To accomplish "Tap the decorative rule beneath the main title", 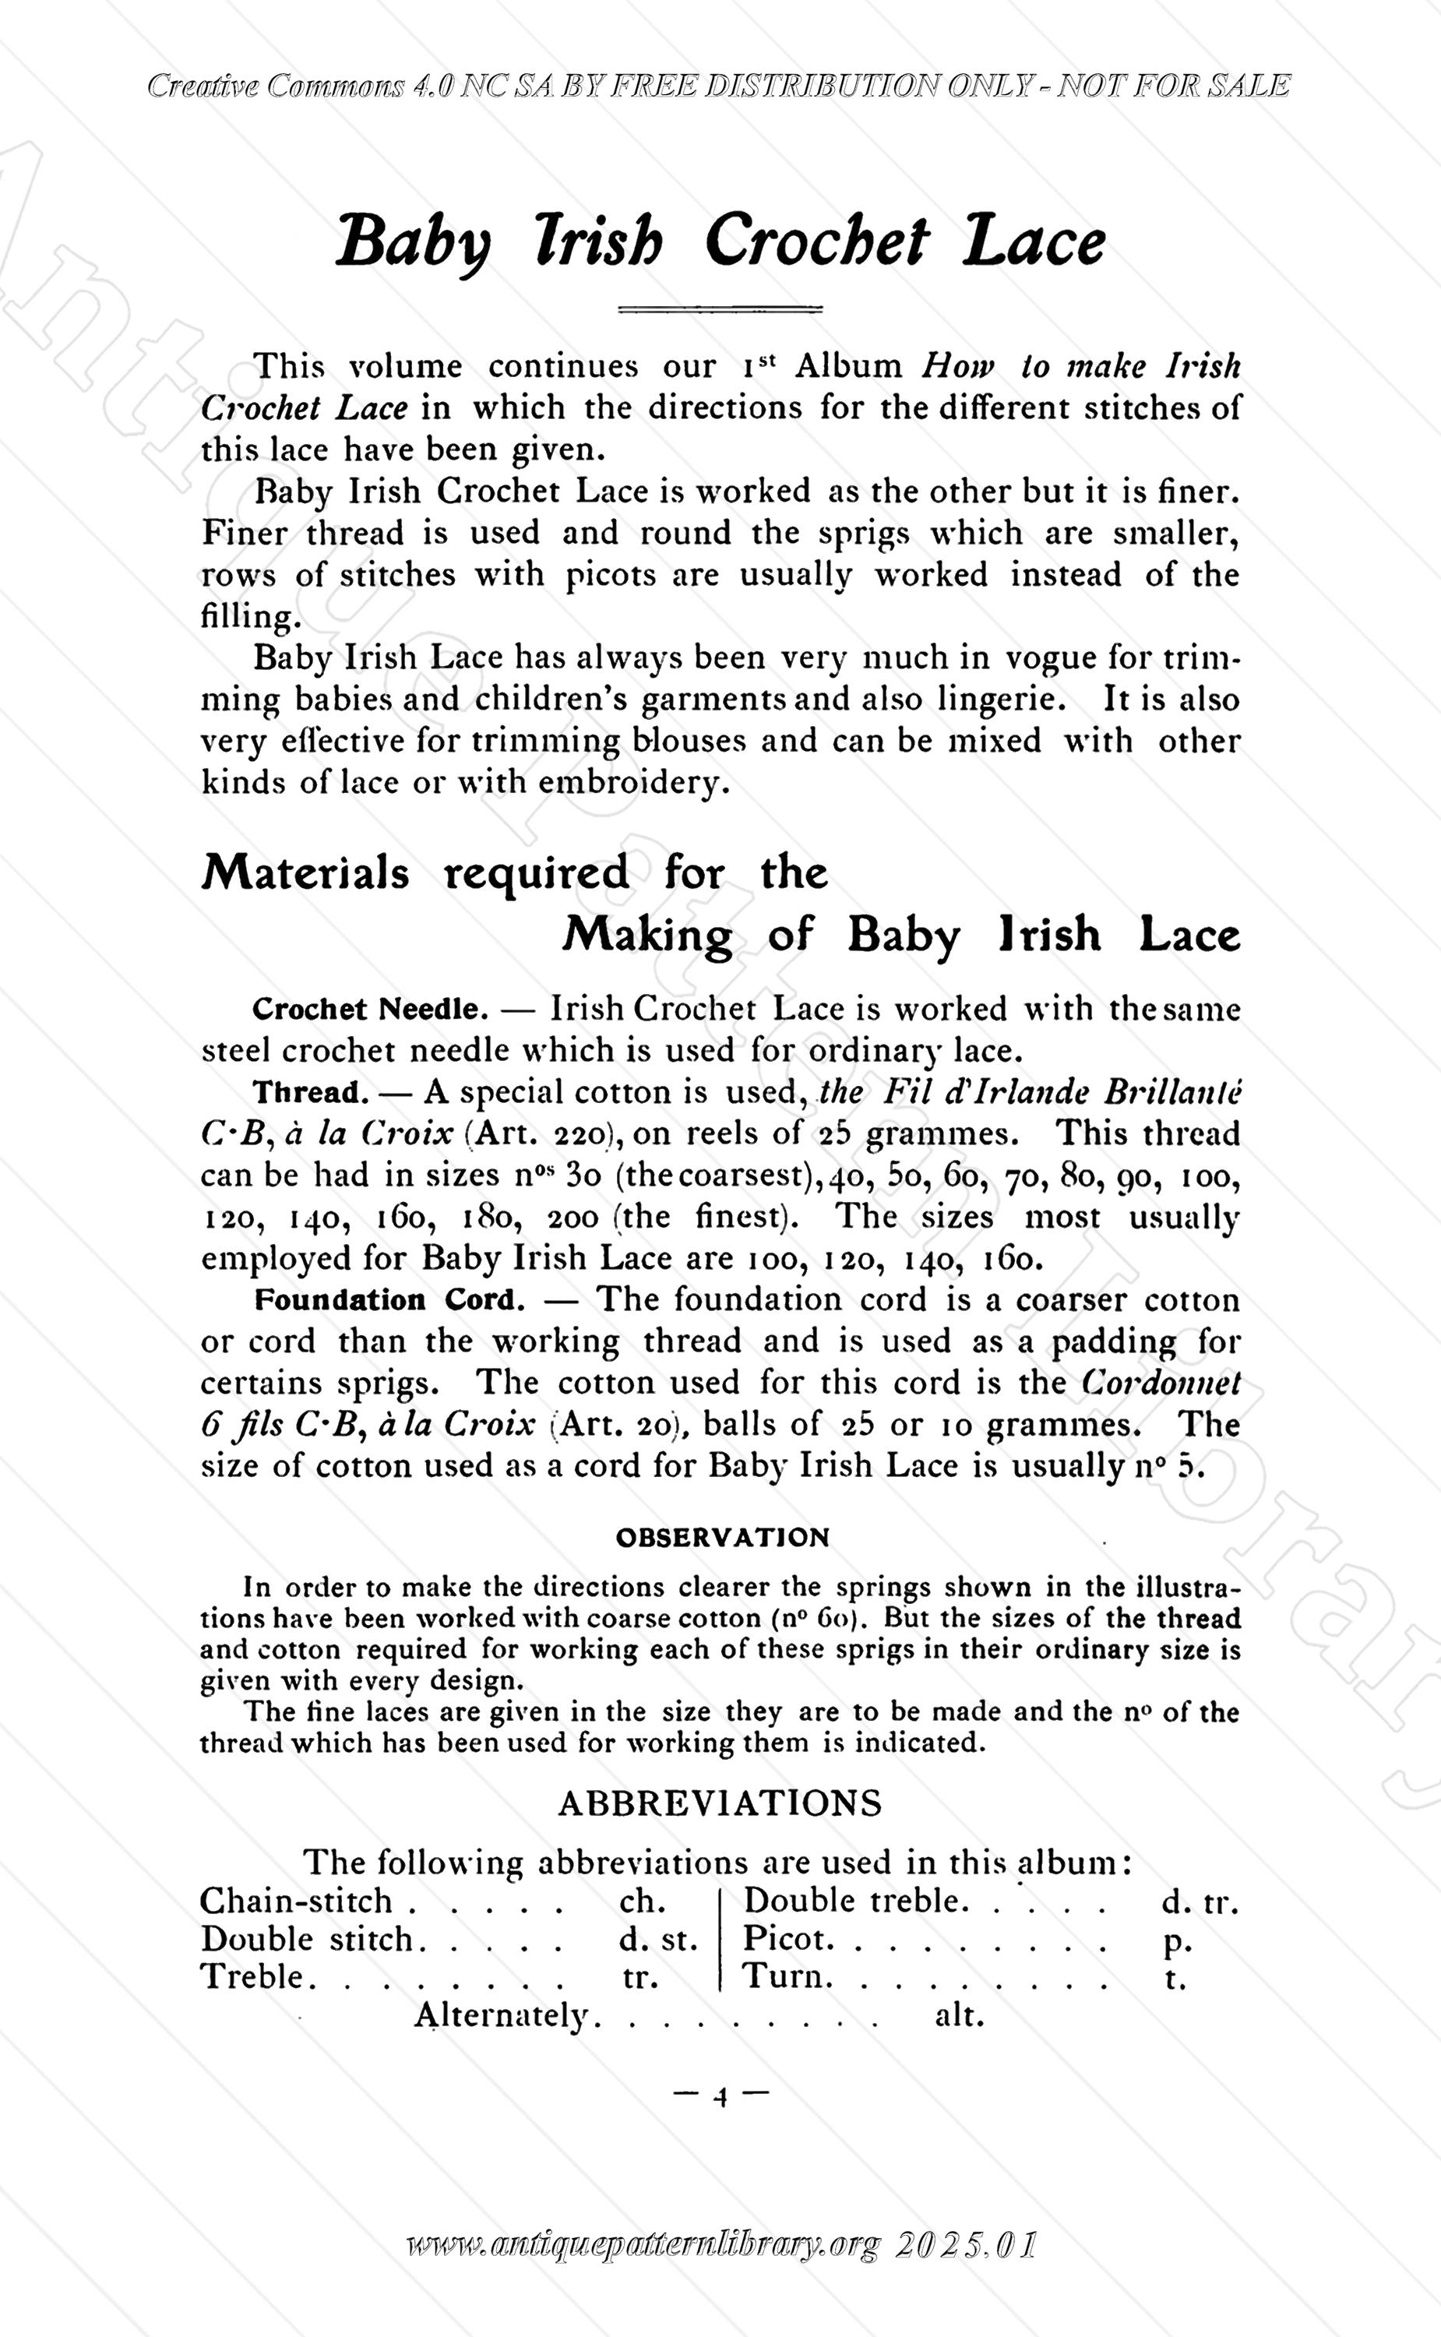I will pyautogui.click(x=720, y=308).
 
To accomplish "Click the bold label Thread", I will pyautogui.click(x=310, y=1092).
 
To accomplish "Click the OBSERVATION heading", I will pyautogui.click(x=722, y=1537).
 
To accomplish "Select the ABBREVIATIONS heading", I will pyautogui.click(x=720, y=1803).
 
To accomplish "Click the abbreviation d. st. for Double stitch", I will pyautogui.click(x=658, y=1940).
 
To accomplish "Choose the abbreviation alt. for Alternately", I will pyautogui.click(x=959, y=2016).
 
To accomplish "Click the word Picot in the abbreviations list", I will pyautogui.click(x=787, y=1939).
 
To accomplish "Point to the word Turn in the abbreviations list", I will pyautogui.click(x=786, y=1977).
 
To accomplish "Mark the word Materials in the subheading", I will pyautogui.click(x=305, y=873).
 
